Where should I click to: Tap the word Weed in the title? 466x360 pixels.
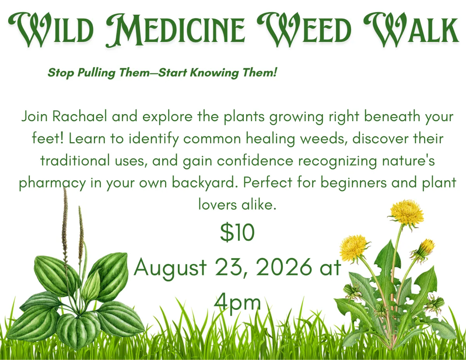point(304,30)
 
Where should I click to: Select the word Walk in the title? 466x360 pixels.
point(411,30)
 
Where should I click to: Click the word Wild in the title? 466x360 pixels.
point(51,30)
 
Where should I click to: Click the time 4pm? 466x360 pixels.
point(237,303)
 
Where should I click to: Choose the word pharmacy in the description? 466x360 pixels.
point(52,183)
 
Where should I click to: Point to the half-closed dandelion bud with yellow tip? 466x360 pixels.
point(426,249)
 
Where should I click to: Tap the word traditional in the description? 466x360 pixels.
point(75,161)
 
